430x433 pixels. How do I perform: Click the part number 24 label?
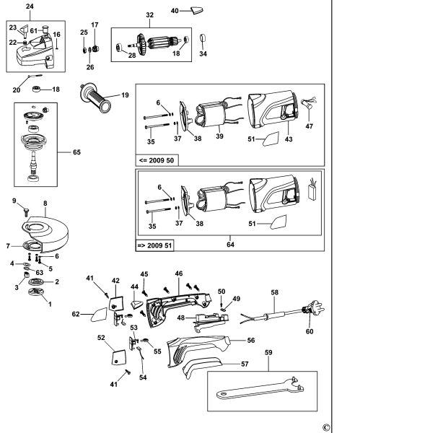pyautogui.click(x=30, y=6)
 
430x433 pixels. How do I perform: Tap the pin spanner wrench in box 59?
pyautogui.click(x=260, y=389)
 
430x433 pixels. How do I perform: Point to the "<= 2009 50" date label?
pyautogui.click(x=157, y=160)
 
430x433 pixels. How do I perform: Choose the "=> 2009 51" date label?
pyautogui.click(x=154, y=245)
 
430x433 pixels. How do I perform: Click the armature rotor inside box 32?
pyautogui.click(x=157, y=44)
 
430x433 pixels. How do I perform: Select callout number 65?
pyautogui.click(x=76, y=152)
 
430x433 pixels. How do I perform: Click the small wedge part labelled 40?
pyautogui.click(x=197, y=11)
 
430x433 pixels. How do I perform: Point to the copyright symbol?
pyautogui.click(x=326, y=428)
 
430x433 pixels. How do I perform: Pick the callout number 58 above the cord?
pyautogui.click(x=275, y=292)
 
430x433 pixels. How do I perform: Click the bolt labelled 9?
pyautogui.click(x=26, y=212)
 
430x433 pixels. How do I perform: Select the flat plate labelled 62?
pyautogui.click(x=99, y=315)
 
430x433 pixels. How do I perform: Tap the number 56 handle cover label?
pyautogui.click(x=251, y=340)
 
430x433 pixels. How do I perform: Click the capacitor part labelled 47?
pyautogui.click(x=309, y=102)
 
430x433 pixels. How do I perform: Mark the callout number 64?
pyautogui.click(x=230, y=245)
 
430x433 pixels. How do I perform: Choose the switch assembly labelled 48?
pyautogui.click(x=210, y=323)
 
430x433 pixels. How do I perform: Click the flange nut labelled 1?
pyautogui.click(x=35, y=292)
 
